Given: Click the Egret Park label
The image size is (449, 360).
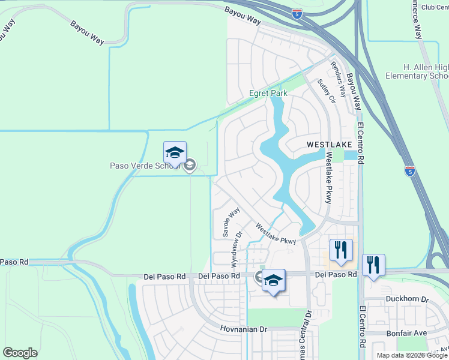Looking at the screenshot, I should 268,93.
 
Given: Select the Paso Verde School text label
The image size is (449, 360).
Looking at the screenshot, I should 145,166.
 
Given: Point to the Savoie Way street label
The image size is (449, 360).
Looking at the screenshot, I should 231,223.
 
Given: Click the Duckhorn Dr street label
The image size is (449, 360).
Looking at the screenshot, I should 408,298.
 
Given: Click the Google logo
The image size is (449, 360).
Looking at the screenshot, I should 20,353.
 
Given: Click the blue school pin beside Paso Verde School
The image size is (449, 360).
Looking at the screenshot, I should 175,154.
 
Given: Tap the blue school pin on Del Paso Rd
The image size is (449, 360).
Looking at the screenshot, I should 273,281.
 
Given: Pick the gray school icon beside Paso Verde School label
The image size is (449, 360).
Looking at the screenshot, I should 190,166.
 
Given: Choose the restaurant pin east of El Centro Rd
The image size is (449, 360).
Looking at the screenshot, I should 373,265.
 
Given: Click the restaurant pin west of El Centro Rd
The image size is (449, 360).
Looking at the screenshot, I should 341,251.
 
